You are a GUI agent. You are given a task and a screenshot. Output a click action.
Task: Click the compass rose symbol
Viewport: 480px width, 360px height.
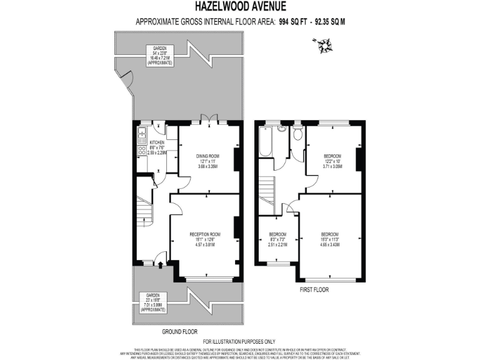click(x=324, y=44)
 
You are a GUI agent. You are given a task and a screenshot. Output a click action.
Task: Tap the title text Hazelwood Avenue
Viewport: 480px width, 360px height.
click(x=240, y=7)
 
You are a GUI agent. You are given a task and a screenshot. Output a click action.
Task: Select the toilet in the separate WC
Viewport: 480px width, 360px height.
click(x=297, y=134)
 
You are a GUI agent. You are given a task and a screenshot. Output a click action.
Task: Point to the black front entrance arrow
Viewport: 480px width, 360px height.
click(x=161, y=265)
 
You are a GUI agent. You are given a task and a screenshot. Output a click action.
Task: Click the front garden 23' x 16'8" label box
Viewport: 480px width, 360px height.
click(x=153, y=302)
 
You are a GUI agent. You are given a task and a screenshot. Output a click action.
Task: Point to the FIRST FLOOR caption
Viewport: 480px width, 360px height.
click(x=313, y=289)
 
